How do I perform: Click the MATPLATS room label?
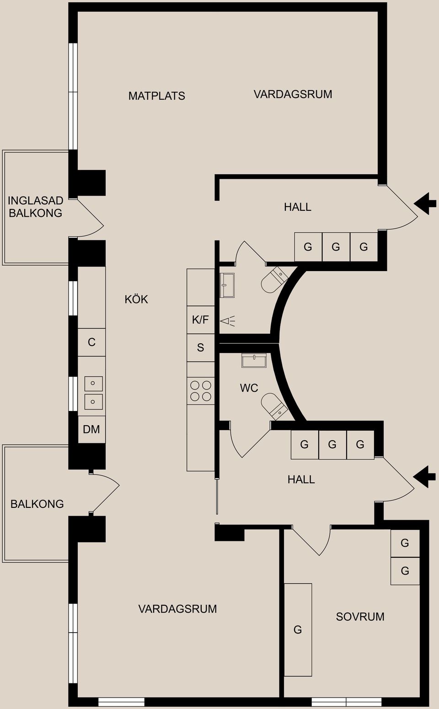(156, 96)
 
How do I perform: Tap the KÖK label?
(136, 299)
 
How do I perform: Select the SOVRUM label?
(360, 617)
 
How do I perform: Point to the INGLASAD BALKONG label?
(35, 207)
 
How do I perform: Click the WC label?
(249, 388)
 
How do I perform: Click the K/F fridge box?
(200, 320)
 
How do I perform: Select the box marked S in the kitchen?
(200, 348)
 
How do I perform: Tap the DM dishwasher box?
(91, 429)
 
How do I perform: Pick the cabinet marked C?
(91, 342)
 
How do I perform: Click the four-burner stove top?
(201, 391)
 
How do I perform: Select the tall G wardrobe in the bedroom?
(298, 629)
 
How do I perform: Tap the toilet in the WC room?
(274, 406)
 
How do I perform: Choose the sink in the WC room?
(254, 361)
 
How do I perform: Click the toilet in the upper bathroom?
(274, 281)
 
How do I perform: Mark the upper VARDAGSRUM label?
(293, 95)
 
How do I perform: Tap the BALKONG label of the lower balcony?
(37, 504)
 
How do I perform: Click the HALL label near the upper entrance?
(297, 207)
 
